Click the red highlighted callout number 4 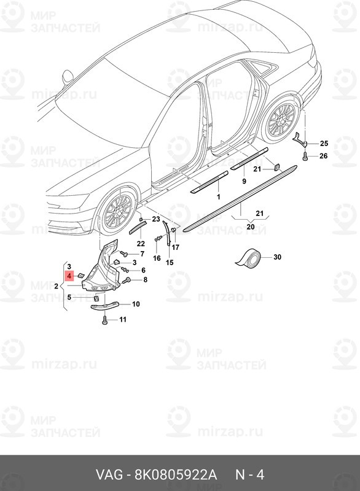69,276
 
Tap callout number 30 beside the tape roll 277,257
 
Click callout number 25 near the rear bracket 324,144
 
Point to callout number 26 324,156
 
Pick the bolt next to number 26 305,156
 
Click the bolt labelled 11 104,320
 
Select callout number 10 136,304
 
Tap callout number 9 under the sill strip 244,181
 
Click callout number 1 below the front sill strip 218,197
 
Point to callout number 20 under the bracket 251,226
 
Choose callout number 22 141,244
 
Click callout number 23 156,219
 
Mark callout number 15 170,263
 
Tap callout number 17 176,247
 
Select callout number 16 157,258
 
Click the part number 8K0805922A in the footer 176,475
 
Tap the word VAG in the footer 109,475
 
